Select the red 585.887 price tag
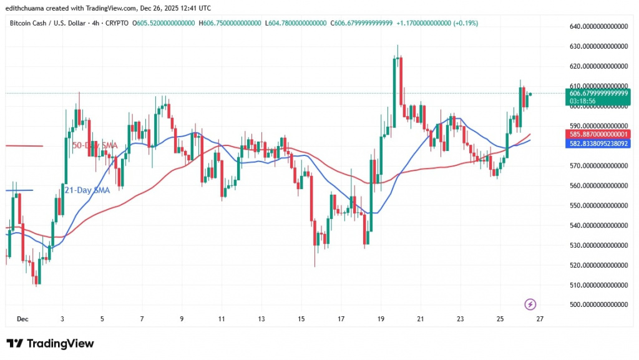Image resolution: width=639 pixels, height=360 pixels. pyautogui.click(x=597, y=134)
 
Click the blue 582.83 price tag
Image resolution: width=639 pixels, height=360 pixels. pyautogui.click(x=597, y=144)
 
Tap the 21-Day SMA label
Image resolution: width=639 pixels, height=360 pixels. pyautogui.click(x=87, y=190)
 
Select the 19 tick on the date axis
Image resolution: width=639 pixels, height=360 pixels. pyautogui.click(x=381, y=319)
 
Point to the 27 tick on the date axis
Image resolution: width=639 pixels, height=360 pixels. pyautogui.click(x=540, y=319)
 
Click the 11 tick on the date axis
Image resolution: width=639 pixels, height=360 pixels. pyautogui.click(x=222, y=319)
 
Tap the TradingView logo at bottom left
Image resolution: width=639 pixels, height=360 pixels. pyautogui.click(x=50, y=344)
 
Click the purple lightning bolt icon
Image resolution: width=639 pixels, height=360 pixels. pyautogui.click(x=530, y=304)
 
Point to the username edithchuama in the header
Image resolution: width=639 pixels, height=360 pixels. pyautogui.click(x=32, y=8)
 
